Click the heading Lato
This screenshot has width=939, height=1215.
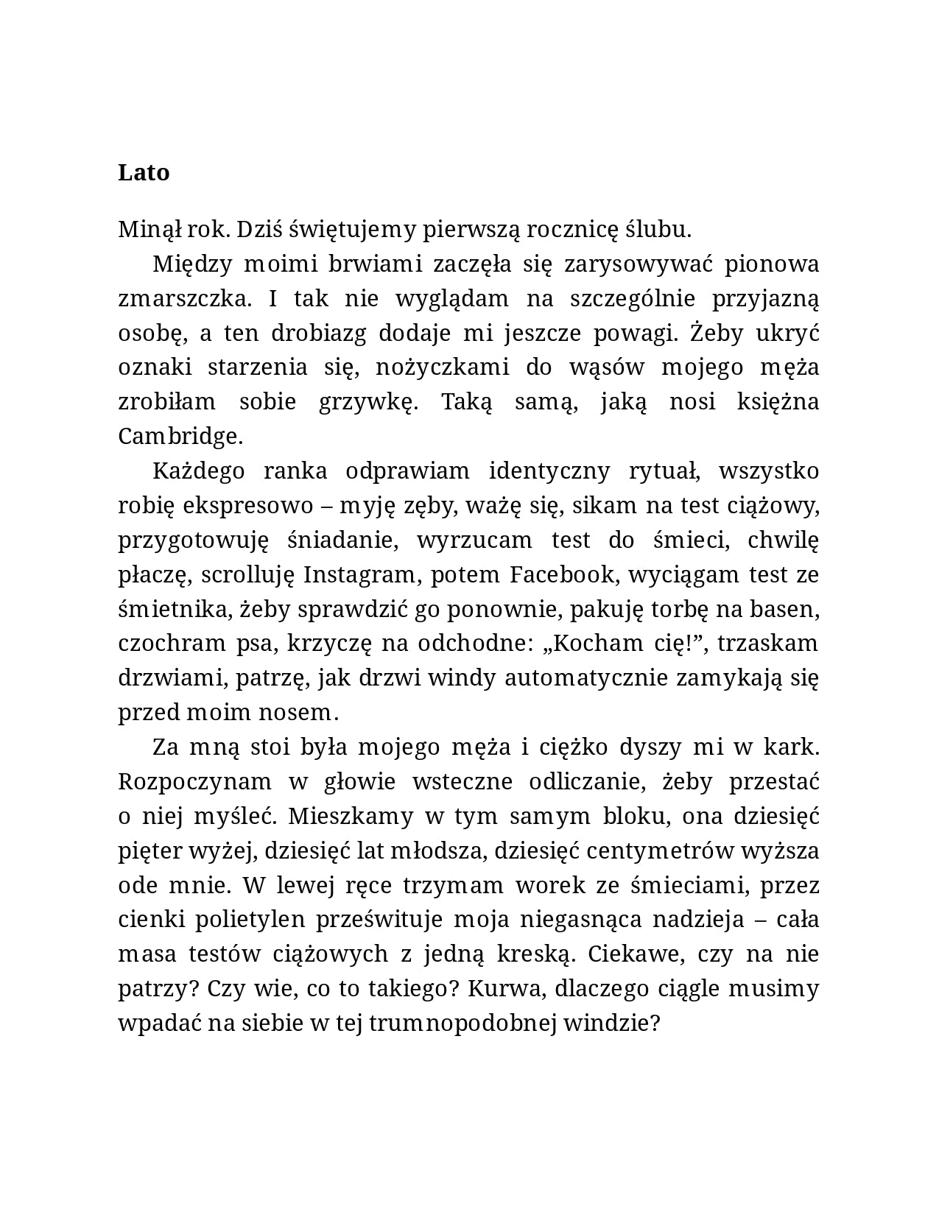pyautogui.click(x=144, y=172)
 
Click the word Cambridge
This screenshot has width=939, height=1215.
pyautogui.click(x=180, y=436)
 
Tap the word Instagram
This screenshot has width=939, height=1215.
pyautogui.click(x=360, y=574)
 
